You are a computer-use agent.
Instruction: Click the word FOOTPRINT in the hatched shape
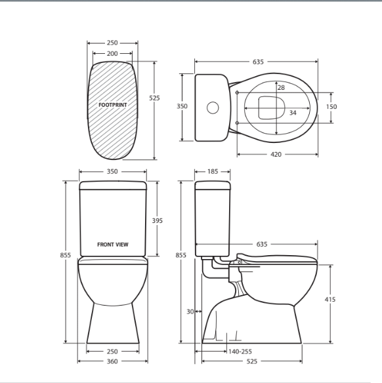[x=112, y=105]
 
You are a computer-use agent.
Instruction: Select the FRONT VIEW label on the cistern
[x=112, y=245]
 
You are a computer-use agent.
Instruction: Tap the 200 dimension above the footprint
[x=112, y=54]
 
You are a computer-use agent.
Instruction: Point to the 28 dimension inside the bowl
[x=280, y=87]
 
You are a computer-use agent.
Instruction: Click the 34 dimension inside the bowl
[x=292, y=113]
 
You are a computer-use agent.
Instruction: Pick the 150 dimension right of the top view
[x=331, y=106]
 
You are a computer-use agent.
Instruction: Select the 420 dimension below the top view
[x=276, y=155]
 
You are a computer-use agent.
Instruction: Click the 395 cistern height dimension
[x=157, y=220]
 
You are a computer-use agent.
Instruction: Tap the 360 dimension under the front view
[x=112, y=361]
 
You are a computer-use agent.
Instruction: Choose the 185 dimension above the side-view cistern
[x=213, y=171]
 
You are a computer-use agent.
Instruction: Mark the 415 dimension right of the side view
[x=330, y=299]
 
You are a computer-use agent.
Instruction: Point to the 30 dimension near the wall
[x=190, y=312]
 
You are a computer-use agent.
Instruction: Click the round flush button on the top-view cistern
[x=213, y=106]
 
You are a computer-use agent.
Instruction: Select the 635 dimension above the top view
[x=257, y=62]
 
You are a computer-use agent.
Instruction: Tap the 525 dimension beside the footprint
[x=154, y=98]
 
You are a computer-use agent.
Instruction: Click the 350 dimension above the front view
[x=112, y=171]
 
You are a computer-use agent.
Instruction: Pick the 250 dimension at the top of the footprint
[x=112, y=43]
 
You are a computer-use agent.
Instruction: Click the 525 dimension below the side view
[x=252, y=361]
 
